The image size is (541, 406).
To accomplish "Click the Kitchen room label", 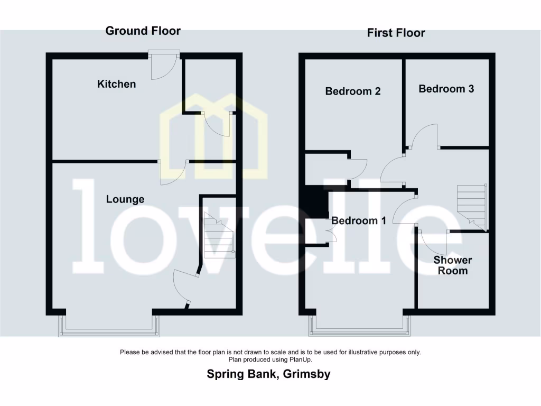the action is tap(116, 84).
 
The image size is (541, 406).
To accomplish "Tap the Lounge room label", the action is tap(125, 199).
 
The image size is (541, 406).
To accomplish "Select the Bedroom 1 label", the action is tap(359, 220).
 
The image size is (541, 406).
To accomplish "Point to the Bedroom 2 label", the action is tap(352, 91).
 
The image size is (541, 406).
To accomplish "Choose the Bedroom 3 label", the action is tap(446, 89).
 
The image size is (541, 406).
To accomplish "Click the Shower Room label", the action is tap(453, 265).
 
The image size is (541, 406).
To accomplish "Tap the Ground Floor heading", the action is tap(143, 31).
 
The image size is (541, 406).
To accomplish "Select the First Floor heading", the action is tap(396, 33).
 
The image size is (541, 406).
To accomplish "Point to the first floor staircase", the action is tap(472, 207).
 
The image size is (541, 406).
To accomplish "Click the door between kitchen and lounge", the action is tap(173, 172).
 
